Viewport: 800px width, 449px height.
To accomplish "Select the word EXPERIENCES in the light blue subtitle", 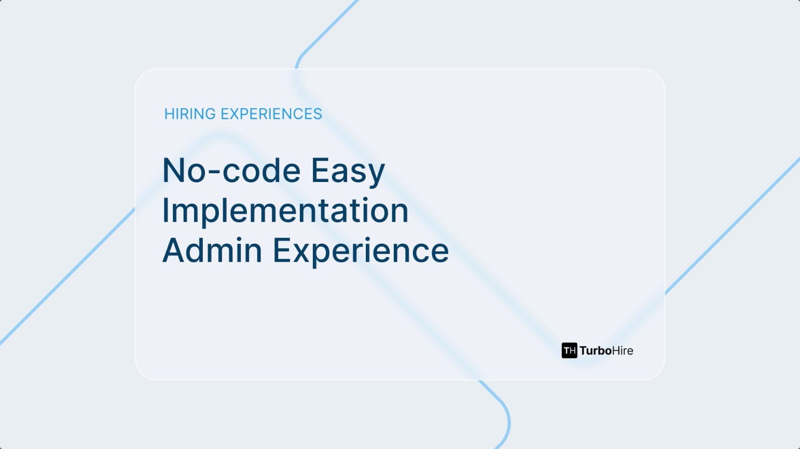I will click(271, 114).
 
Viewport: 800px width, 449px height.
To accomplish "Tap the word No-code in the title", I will click(231, 171).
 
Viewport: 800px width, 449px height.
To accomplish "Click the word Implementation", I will click(285, 211).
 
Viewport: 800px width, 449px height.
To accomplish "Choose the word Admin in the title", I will click(212, 250).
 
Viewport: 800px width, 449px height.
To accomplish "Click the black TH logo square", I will click(569, 350).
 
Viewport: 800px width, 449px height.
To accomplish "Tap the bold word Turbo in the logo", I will click(596, 350).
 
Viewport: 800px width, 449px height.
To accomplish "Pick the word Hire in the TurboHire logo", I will click(623, 350).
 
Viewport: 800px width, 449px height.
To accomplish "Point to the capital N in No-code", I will click(174, 171).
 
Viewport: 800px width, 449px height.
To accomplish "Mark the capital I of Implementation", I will click(165, 211).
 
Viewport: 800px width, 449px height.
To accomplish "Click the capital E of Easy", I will click(321, 171).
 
